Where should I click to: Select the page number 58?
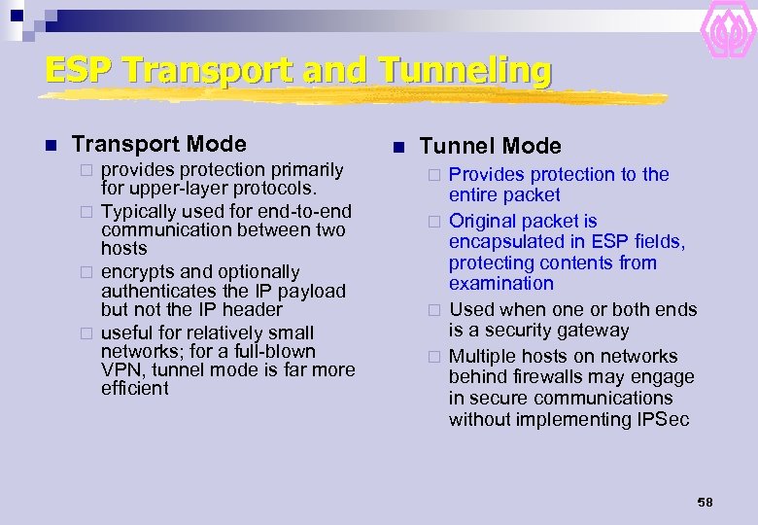(x=705, y=502)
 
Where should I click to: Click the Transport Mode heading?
(x=158, y=145)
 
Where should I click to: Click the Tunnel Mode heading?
(x=490, y=147)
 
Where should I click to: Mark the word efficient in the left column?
(x=134, y=389)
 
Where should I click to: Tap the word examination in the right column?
(x=500, y=284)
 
